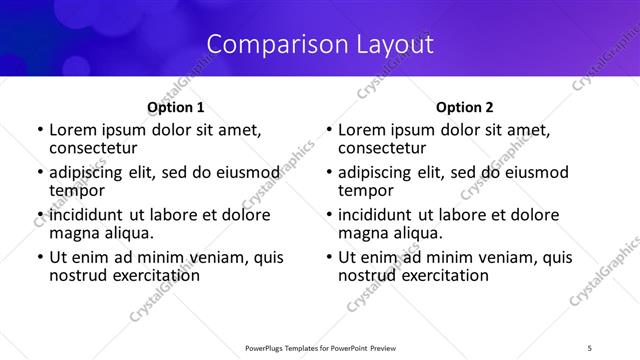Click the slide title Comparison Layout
tap(320, 44)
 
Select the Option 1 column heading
tap(175, 107)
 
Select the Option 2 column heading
tap(465, 107)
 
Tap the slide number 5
tap(590, 347)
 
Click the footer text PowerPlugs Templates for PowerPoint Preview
tap(320, 347)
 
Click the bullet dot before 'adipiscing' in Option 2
tap(329, 173)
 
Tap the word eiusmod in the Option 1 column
tap(241, 172)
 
